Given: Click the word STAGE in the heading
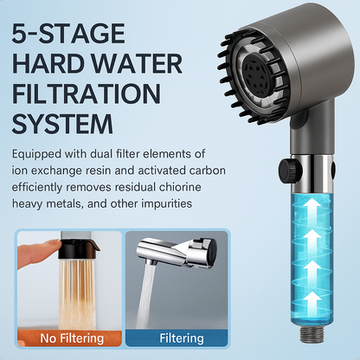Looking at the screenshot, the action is pyautogui.click(x=81, y=33).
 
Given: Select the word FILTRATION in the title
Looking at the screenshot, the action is pyautogui.click(x=87, y=93).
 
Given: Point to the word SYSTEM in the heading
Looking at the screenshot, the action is pyautogui.click(x=62, y=124).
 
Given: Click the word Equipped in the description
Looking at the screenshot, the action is pyautogui.click(x=36, y=154).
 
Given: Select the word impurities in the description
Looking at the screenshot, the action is pyautogui.click(x=166, y=204).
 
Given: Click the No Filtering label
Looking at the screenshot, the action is pyautogui.click(x=72, y=338).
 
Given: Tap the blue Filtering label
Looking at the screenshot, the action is pyautogui.click(x=182, y=338).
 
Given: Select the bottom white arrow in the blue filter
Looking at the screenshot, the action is pyautogui.click(x=312, y=303).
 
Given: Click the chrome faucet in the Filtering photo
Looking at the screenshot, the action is pyautogui.click(x=177, y=250).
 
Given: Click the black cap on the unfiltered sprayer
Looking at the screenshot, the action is pyautogui.click(x=78, y=248).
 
